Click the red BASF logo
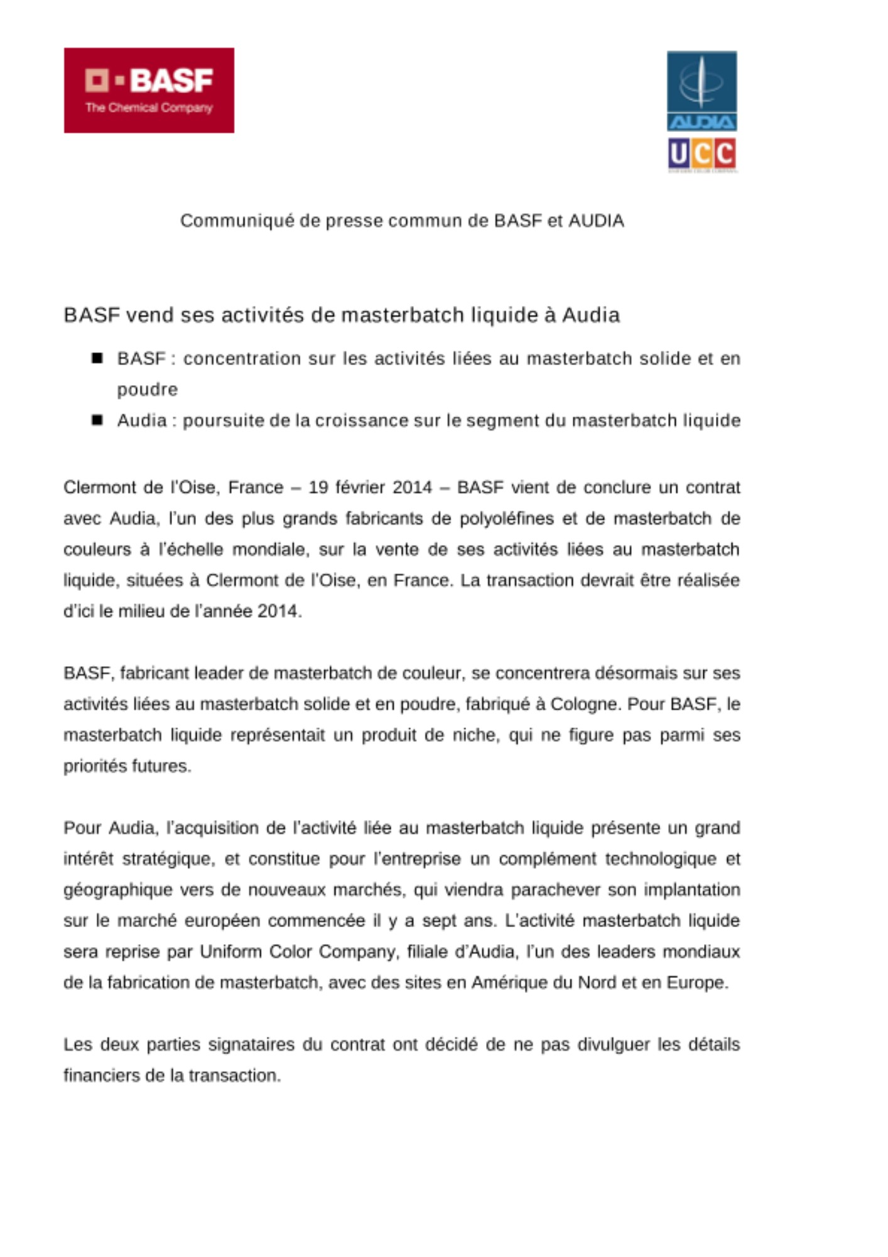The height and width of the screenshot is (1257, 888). (x=149, y=90)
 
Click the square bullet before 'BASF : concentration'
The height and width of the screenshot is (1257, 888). (x=97, y=358)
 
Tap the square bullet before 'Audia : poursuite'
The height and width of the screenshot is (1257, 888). (x=97, y=420)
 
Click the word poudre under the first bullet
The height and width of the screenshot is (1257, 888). (x=147, y=390)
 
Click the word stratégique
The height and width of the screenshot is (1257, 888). (x=168, y=859)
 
